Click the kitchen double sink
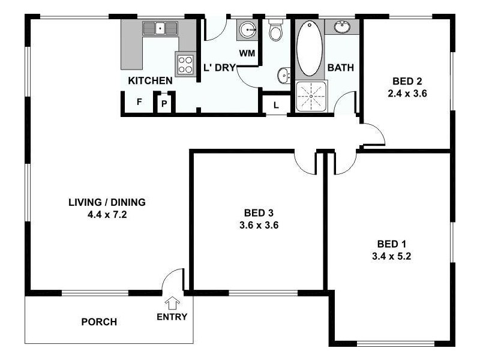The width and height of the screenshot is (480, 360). coord(160,28)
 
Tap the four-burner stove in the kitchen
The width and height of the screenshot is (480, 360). coord(185,64)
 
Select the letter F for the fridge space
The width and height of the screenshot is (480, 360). coord(139,102)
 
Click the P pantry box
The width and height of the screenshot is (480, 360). coord(164,103)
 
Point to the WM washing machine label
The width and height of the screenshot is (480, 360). coord(247,53)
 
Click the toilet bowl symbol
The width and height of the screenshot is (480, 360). coord(275,31)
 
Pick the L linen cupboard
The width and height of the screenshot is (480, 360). coord(275,105)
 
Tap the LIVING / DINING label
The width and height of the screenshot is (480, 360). coord(107,202)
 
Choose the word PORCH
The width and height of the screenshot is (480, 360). coord(99,322)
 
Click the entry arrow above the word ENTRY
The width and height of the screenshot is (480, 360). coord(172,303)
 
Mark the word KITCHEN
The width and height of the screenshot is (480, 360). coord(151,80)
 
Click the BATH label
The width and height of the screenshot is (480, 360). coord(341,68)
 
